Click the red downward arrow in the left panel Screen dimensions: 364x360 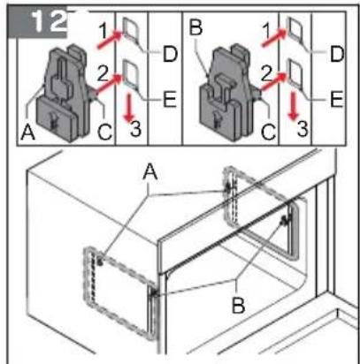pyautogui.click(x=126, y=109)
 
